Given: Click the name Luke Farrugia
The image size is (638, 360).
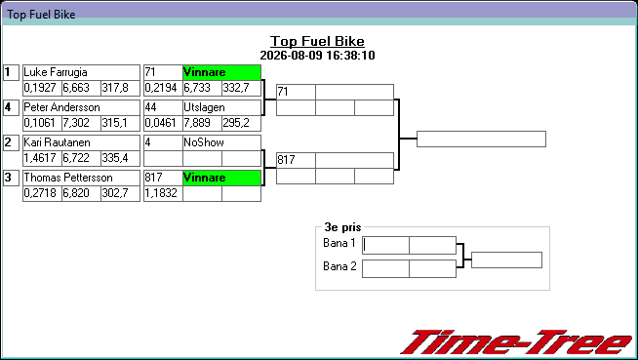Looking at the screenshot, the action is (x=56, y=72).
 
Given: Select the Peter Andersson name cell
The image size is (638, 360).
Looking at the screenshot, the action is (x=81, y=107).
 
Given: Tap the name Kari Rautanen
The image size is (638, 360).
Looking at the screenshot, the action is (x=57, y=142).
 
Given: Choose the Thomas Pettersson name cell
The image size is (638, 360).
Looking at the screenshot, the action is (x=81, y=178).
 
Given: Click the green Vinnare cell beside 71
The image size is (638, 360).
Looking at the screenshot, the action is (x=221, y=72).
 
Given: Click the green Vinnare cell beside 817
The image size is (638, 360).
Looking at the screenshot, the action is (x=221, y=178).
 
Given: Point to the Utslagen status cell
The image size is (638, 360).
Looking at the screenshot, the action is (x=221, y=107).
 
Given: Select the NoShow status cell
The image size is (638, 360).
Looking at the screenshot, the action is (x=221, y=142).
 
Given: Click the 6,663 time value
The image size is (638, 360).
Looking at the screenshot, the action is (x=76, y=88).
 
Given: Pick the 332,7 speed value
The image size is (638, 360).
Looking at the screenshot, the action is (x=236, y=88).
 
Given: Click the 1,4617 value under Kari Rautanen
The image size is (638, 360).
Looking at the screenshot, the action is (x=39, y=158).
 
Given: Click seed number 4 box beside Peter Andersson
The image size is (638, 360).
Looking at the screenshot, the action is (x=11, y=107).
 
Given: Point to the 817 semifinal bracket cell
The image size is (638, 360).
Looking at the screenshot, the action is (x=296, y=160).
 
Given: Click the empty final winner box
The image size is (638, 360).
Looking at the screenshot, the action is (x=481, y=140).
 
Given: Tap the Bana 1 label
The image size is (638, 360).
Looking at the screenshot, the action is (x=339, y=243).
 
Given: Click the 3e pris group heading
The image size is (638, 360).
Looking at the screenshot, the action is (x=342, y=227).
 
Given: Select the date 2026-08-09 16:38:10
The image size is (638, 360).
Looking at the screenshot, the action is (x=317, y=56).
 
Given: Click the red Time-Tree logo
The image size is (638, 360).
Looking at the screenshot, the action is (x=517, y=342).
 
